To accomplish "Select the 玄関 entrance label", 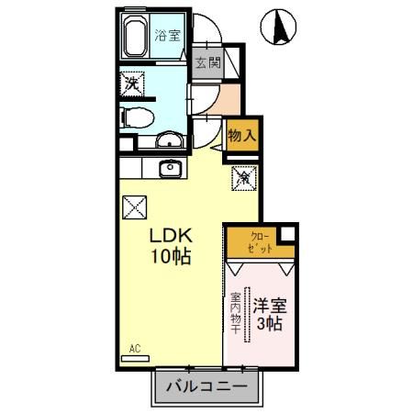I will (x=207, y=63).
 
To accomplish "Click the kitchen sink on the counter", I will (x=169, y=168).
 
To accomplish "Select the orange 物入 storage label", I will (x=240, y=135).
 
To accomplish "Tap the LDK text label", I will (x=170, y=235).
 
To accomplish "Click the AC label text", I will (x=134, y=348).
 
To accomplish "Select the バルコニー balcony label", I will (x=206, y=387).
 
